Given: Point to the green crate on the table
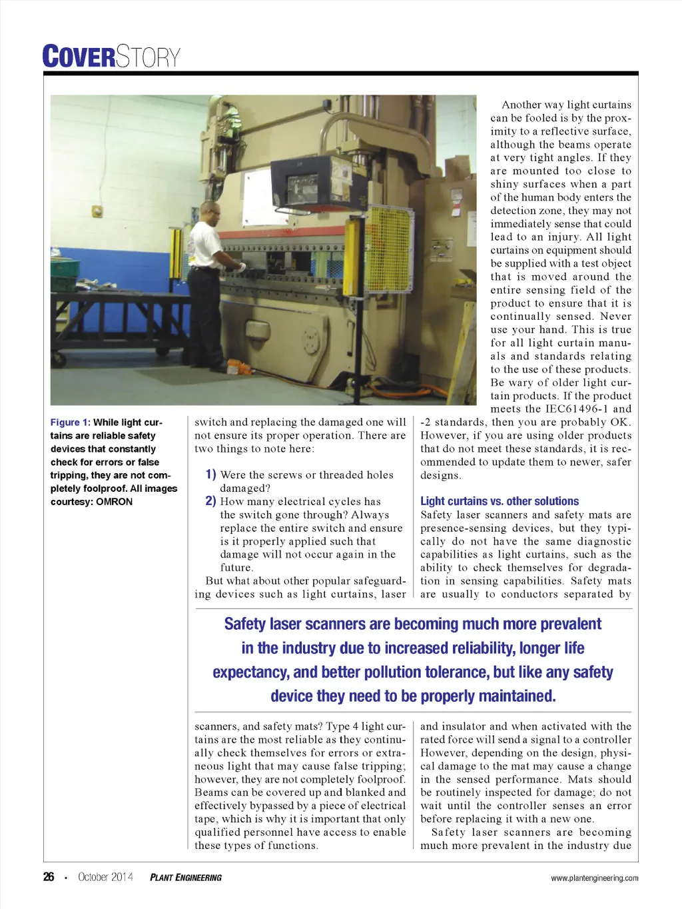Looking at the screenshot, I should click(65, 269).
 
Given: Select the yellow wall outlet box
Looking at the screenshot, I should click(97, 211).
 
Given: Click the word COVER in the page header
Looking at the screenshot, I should click(79, 57).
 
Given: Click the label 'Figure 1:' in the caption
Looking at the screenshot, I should click(70, 423).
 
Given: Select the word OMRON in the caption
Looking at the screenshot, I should click(115, 502).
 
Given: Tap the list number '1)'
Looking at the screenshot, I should click(210, 474).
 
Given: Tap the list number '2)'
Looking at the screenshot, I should click(210, 501).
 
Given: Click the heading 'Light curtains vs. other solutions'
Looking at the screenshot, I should click(500, 501).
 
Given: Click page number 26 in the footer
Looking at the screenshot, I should click(49, 877).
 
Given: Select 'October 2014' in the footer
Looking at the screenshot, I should click(105, 877).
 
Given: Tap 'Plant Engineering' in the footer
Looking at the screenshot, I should click(186, 878).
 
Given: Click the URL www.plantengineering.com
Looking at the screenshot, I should click(594, 878).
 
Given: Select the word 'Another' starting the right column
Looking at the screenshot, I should click(521, 105).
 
